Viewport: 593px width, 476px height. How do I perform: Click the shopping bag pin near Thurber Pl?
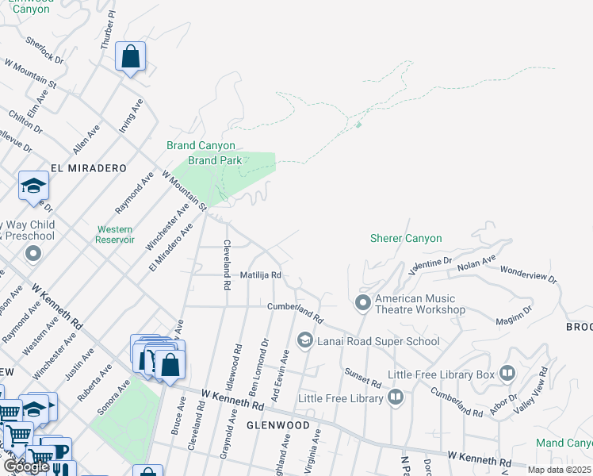click(x=130, y=57)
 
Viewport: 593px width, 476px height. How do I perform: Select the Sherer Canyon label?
click(x=406, y=238)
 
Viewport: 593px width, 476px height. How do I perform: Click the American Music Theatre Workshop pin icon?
click(x=363, y=302)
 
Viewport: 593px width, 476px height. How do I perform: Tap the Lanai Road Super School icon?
click(x=304, y=340)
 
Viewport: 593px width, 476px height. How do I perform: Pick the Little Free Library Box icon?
click(x=507, y=373)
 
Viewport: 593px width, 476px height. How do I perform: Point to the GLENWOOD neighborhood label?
click(x=277, y=425)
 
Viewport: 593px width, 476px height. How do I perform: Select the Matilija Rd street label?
click(x=261, y=275)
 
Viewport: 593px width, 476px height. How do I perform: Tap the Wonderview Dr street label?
click(x=528, y=274)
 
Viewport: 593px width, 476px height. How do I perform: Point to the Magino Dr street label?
click(x=515, y=314)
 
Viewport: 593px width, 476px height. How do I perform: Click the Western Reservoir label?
click(x=114, y=234)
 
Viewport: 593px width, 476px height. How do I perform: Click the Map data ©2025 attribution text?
click(x=560, y=470)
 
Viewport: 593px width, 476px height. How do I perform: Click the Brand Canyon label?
click(x=201, y=145)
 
